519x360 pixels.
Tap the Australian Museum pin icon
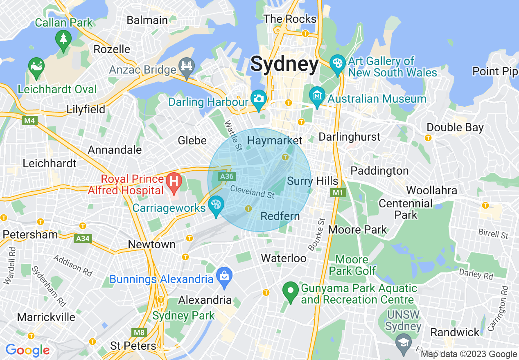(x=317, y=96)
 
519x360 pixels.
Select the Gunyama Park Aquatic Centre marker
(x=291, y=292)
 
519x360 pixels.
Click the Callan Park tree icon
(x=63, y=40)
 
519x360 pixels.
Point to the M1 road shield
(x=338, y=192)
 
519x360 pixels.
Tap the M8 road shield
(x=140, y=332)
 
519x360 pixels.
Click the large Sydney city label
(x=284, y=64)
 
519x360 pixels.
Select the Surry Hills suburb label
(x=313, y=181)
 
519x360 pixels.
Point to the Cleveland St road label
(x=252, y=191)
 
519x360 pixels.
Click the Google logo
(x=27, y=350)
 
